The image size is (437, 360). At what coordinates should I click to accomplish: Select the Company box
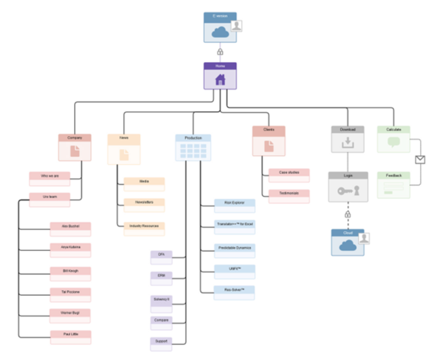click(x=75, y=147)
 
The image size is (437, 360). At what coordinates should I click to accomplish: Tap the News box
click(x=124, y=149)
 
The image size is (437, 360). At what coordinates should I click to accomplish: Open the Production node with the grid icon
click(x=193, y=147)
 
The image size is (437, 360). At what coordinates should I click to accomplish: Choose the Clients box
click(x=269, y=141)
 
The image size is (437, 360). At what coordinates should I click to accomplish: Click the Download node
click(x=347, y=139)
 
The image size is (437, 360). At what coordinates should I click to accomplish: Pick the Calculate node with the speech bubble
click(x=394, y=139)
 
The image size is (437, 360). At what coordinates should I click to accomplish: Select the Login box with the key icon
click(x=348, y=187)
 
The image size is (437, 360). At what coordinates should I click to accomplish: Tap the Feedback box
click(x=394, y=185)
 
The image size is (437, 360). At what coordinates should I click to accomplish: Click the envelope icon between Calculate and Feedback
click(x=420, y=159)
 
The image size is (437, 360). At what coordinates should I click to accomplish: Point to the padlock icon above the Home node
click(x=220, y=52)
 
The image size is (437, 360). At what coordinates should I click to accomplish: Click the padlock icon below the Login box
click(x=348, y=214)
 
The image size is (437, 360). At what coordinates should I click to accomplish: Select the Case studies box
click(x=289, y=175)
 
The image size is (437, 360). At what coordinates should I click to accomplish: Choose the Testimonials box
click(x=289, y=196)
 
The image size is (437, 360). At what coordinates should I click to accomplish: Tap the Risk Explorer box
click(x=234, y=206)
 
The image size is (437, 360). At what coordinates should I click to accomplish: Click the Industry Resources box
click(x=144, y=229)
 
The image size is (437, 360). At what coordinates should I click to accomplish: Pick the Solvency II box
click(x=161, y=302)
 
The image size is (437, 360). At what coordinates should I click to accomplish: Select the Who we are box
click(x=49, y=179)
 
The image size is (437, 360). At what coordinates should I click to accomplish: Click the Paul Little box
click(x=70, y=337)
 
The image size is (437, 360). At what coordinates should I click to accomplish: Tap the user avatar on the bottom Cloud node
click(x=364, y=238)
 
